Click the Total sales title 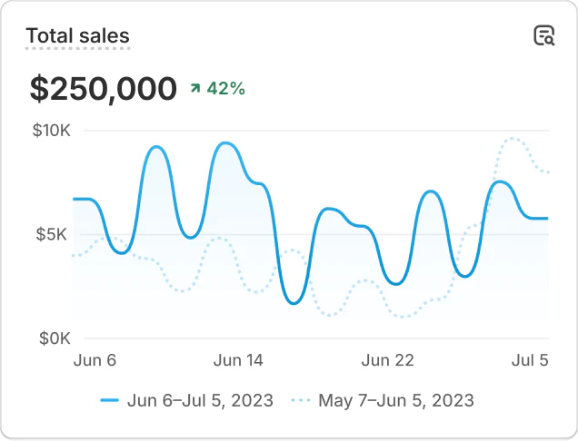(x=77, y=36)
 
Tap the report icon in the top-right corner (x=543, y=35)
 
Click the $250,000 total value (x=103, y=89)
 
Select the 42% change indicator (x=225, y=88)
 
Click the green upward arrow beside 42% (x=194, y=88)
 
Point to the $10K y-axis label (x=51, y=131)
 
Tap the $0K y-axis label (x=55, y=338)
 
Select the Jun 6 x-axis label (x=95, y=360)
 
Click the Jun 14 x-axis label (x=238, y=360)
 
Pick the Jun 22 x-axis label (x=388, y=360)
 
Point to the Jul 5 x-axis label (x=530, y=360)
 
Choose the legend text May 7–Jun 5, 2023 (x=395, y=400)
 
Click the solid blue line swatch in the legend (x=110, y=400)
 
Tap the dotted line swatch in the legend (x=301, y=400)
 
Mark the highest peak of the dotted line (x=513, y=138)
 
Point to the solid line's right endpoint (x=548, y=219)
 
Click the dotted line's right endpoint (x=548, y=172)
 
